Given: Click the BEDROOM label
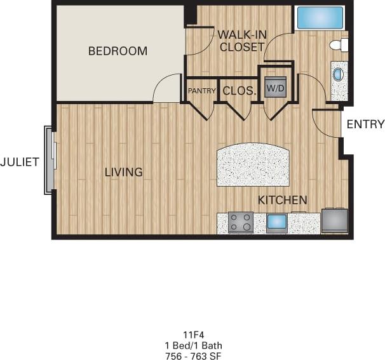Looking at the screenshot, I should point(118,51).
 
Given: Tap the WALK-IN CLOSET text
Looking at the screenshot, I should point(241,40).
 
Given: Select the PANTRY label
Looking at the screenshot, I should point(202,91).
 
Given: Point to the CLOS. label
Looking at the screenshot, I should point(239,91).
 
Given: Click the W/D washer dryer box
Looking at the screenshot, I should point(275,88).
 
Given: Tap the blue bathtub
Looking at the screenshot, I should point(320,18).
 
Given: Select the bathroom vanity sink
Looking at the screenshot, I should point(339,75).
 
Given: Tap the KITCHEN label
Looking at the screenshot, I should point(283,200).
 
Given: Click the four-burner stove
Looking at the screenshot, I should point(241,222).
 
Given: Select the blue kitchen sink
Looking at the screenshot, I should point(276,222).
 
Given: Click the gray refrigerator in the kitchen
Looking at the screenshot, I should point(334,220).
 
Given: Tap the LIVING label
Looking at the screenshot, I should point(123,172).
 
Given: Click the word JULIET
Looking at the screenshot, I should point(20,162).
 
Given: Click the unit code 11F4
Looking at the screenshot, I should point(192,333).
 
